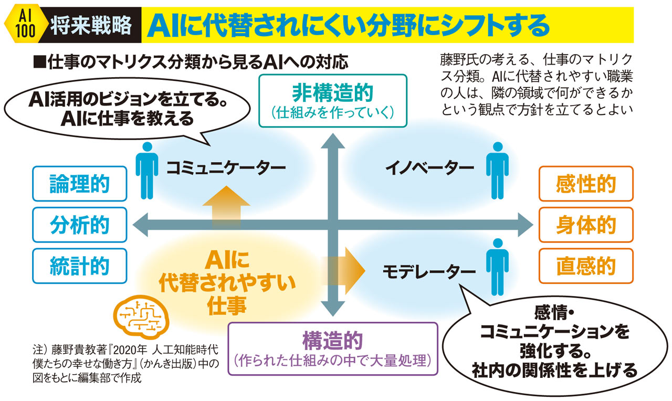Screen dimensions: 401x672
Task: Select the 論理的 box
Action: click(x=80, y=184)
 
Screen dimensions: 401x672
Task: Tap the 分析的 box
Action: click(x=80, y=225)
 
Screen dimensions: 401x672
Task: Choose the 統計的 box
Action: click(x=80, y=266)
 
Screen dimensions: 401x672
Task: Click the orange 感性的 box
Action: click(x=586, y=184)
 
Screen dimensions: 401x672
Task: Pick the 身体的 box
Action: click(x=586, y=225)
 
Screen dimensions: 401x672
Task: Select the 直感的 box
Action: click(x=586, y=266)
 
